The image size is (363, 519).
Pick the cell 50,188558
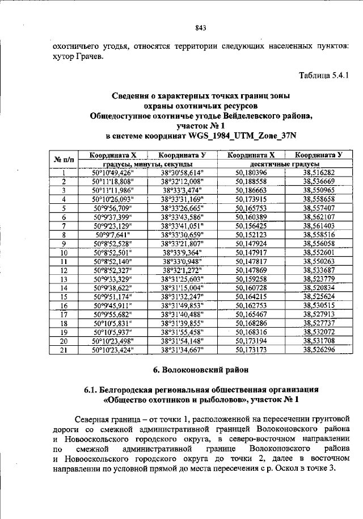click(x=251, y=181)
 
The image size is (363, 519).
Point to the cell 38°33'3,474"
click(x=181, y=190)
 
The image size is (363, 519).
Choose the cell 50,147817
click(x=251, y=261)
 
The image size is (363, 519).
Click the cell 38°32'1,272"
click(x=181, y=270)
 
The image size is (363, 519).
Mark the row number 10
click(x=64, y=252)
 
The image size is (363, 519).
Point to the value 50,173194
click(x=251, y=340)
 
